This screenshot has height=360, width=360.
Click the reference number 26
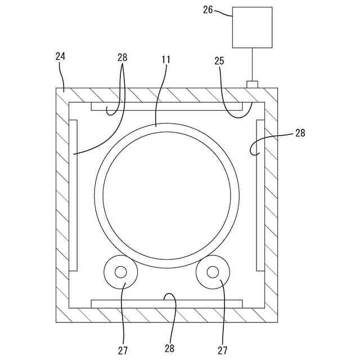pyautogui.click(x=208, y=10)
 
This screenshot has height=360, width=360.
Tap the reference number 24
pyautogui.click(x=60, y=56)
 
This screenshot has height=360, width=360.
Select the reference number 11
pyautogui.click(x=166, y=60)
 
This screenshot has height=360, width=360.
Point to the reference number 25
pyautogui.click(x=219, y=61)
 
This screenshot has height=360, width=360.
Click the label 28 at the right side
pyautogui.click(x=300, y=133)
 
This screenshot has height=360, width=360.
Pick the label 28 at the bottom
pyautogui.click(x=170, y=348)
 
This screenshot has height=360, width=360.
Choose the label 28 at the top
pyautogui.click(x=123, y=57)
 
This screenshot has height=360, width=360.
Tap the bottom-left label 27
pyautogui.click(x=123, y=350)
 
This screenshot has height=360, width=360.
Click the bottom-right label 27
pyautogui.click(x=223, y=350)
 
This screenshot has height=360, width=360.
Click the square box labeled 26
pyautogui.click(x=253, y=28)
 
